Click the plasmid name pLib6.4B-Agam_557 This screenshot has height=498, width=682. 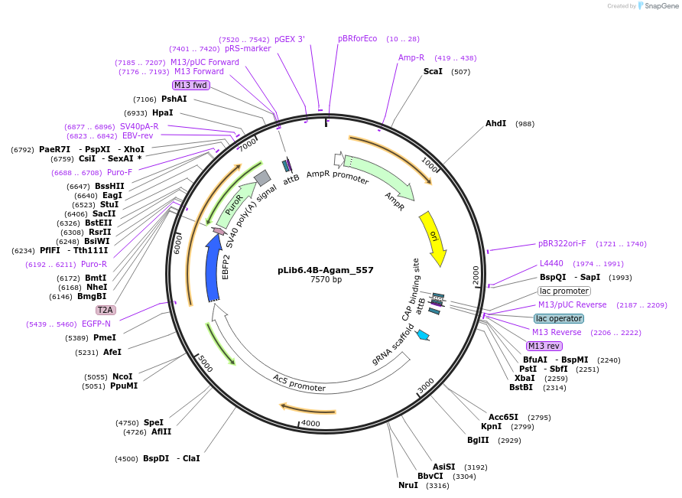[x=326, y=270]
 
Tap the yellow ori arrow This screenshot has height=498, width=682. [x=433, y=237]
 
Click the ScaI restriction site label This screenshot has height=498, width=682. [x=433, y=71]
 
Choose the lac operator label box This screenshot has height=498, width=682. [x=558, y=318]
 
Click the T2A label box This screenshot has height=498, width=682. [x=105, y=310]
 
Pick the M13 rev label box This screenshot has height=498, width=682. [x=544, y=346]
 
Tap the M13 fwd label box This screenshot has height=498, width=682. [x=190, y=86]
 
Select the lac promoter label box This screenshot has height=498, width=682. [x=563, y=291]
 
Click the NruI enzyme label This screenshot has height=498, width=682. [x=408, y=485]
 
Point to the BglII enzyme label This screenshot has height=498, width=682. [x=479, y=440]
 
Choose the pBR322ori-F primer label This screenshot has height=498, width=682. [x=562, y=243]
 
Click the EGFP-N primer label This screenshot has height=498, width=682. [x=96, y=324]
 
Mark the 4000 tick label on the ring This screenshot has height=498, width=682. [x=310, y=422]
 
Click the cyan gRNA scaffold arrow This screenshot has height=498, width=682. [x=422, y=334]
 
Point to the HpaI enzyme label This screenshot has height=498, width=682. [x=162, y=112]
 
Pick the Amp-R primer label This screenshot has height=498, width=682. [x=411, y=57]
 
